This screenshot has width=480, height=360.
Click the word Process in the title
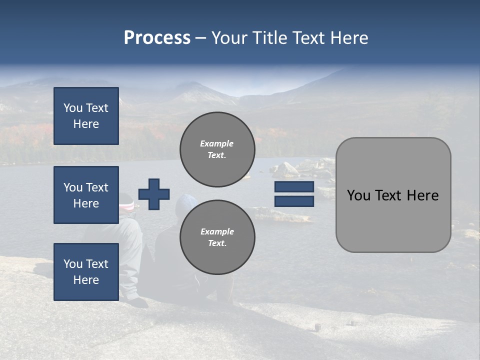click(x=157, y=38)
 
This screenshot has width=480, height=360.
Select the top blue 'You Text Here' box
click(x=86, y=116)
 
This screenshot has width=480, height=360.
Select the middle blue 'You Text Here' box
click(x=86, y=195)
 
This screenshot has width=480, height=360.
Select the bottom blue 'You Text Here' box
click(x=86, y=271)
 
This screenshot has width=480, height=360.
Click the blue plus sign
click(x=154, y=194)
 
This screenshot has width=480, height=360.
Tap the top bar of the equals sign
click(x=294, y=187)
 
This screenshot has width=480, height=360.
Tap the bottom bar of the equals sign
click(x=294, y=201)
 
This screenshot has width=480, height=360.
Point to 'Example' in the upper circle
click(x=216, y=143)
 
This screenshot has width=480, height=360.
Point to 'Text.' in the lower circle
click(x=217, y=243)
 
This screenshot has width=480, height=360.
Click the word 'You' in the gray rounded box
click(x=358, y=195)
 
